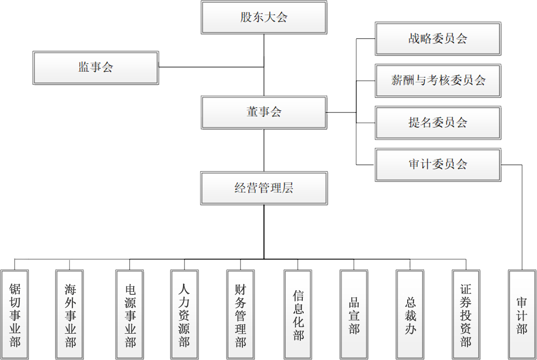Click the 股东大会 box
point(264,18)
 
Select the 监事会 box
point(96,67)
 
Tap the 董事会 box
point(264,112)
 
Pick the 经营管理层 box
point(264,189)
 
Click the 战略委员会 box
point(438,38)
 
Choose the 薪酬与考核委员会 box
point(438,80)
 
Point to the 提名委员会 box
point(438,123)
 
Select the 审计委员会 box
point(438,165)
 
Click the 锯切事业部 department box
point(14,315)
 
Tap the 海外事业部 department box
point(69,315)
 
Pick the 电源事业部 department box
point(130,315)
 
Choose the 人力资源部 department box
point(184,315)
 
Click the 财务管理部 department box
point(240,315)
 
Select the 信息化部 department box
point(297,315)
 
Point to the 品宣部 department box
point(354,315)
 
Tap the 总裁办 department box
point(410,315)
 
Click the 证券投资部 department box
point(466,315)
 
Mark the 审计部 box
point(522,315)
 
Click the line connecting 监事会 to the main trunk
point(211,67)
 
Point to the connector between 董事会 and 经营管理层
point(264,151)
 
